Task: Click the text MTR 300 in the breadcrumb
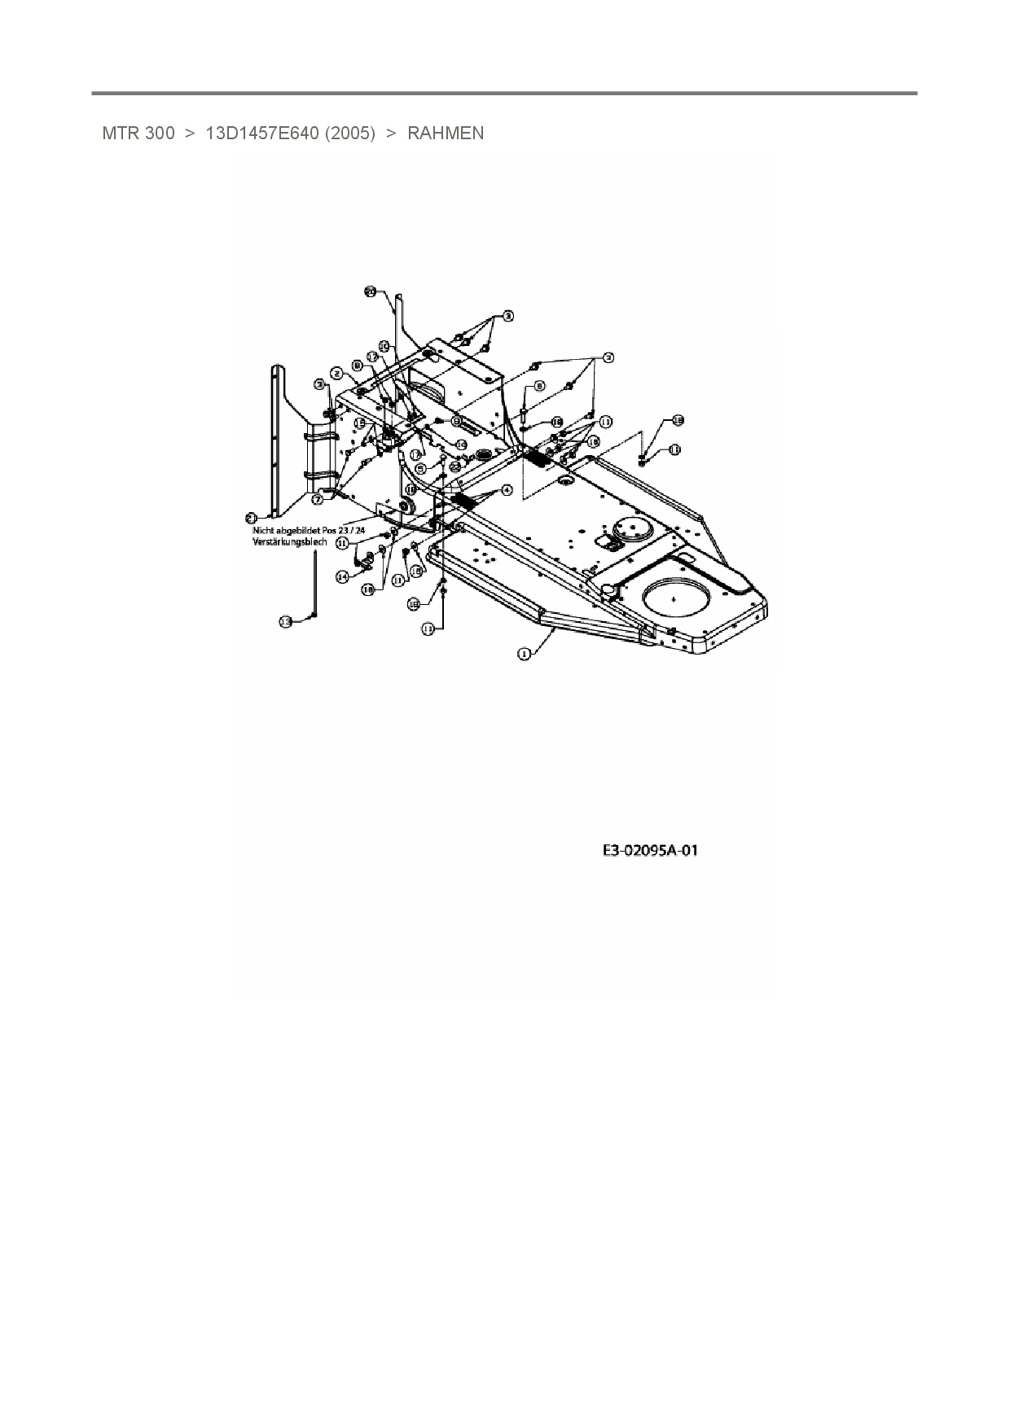(x=138, y=134)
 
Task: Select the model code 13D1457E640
(x=261, y=134)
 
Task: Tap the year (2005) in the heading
(x=349, y=134)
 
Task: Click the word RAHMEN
(x=445, y=134)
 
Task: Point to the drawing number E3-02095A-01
(x=650, y=852)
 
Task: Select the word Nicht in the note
(x=265, y=529)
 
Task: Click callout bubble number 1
(x=524, y=653)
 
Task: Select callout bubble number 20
(x=370, y=291)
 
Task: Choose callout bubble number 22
(x=455, y=467)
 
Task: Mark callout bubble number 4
(x=506, y=490)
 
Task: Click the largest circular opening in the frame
(x=675, y=597)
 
